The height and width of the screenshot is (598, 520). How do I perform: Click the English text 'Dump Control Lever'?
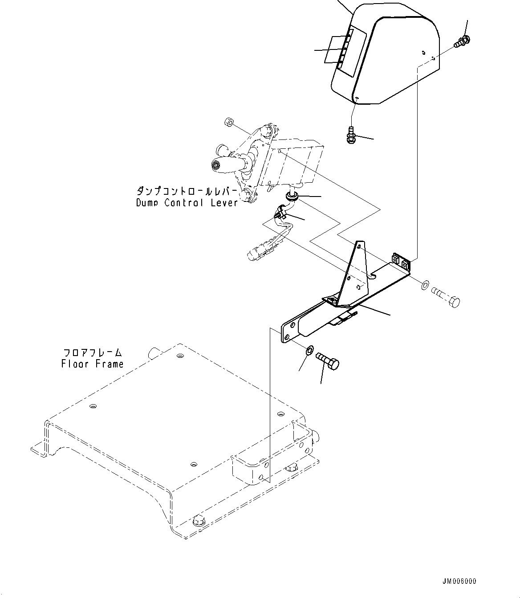click(187, 203)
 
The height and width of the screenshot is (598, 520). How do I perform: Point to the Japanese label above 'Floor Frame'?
click(93, 353)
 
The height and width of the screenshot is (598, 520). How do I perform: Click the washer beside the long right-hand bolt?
click(425, 284)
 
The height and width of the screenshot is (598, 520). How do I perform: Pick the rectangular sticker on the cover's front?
click(352, 49)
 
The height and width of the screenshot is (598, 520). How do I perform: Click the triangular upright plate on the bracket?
click(355, 274)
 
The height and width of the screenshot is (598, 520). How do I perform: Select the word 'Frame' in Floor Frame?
click(109, 364)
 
